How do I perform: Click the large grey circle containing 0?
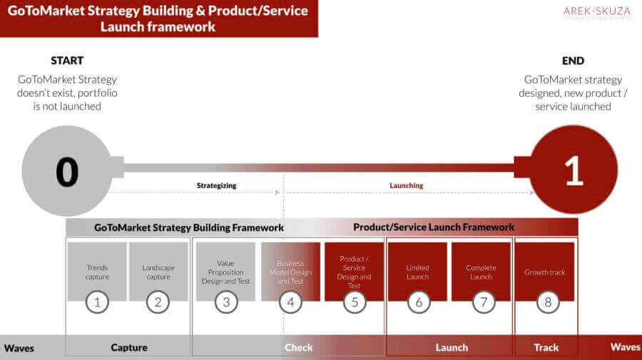66,170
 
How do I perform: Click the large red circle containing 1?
574,170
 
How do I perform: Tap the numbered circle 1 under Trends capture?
97,302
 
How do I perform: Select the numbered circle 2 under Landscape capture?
158,302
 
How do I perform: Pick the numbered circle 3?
226,302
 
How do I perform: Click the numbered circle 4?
290,302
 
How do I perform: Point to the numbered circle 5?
355,302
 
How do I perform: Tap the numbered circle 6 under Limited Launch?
418,302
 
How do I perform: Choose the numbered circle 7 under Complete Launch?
483,302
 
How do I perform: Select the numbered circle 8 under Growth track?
547,302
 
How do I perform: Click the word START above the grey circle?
68,61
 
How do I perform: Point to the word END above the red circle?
573,61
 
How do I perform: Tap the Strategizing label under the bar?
216,185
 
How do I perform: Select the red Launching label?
406,185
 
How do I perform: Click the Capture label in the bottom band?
129,347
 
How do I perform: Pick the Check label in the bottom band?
298,347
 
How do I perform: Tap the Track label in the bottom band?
546,347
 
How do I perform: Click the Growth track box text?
544,272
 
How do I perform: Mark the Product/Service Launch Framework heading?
434,227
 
